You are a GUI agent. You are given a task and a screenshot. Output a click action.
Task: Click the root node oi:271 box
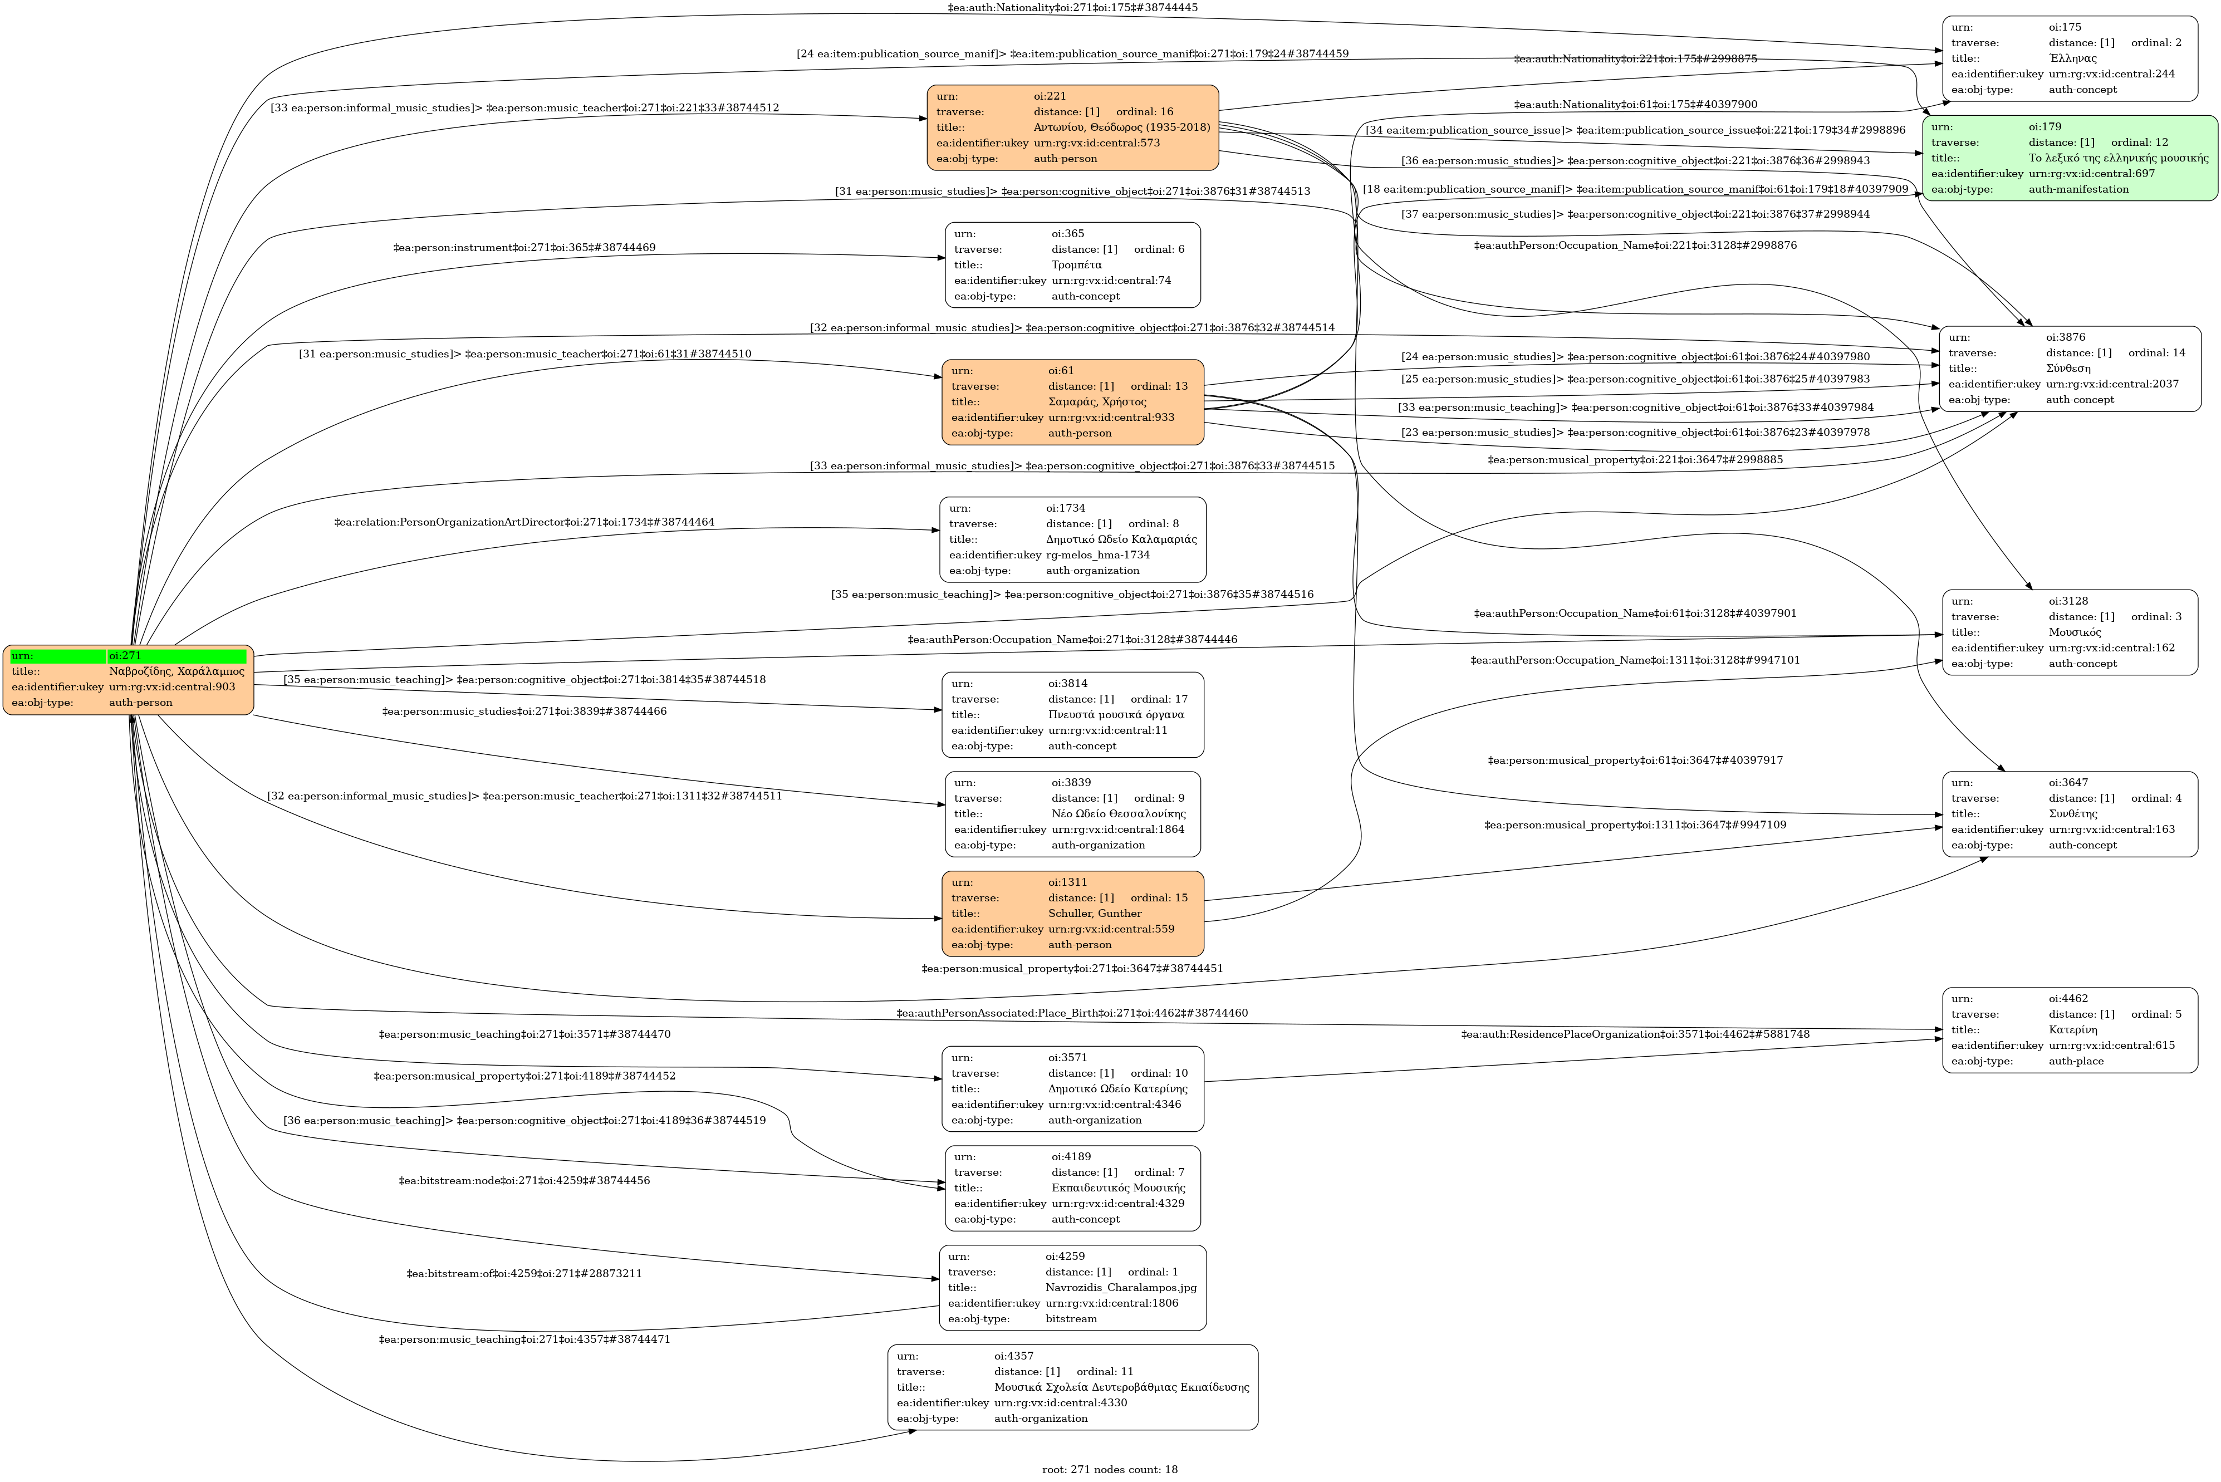(x=129, y=680)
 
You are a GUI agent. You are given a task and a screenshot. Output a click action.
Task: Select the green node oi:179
(x=2069, y=158)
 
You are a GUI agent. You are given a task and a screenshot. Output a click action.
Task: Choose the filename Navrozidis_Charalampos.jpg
(x=1121, y=1287)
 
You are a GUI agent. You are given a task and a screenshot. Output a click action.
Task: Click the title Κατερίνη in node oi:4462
(x=2073, y=1030)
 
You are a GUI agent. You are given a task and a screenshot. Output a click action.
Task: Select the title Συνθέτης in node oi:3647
(x=2073, y=814)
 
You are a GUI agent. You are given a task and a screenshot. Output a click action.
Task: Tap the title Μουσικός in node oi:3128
(x=2075, y=632)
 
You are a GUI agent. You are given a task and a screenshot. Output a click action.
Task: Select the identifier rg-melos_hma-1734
(x=1097, y=555)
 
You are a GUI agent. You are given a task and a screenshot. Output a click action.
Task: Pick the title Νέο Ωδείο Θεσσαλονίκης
(x=1118, y=814)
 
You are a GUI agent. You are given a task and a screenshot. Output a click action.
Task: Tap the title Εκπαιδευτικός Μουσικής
(x=1118, y=1188)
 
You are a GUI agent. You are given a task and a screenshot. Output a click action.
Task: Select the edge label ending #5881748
(x=1635, y=1034)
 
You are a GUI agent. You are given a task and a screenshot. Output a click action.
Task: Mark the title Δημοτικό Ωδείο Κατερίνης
(x=1117, y=1089)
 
